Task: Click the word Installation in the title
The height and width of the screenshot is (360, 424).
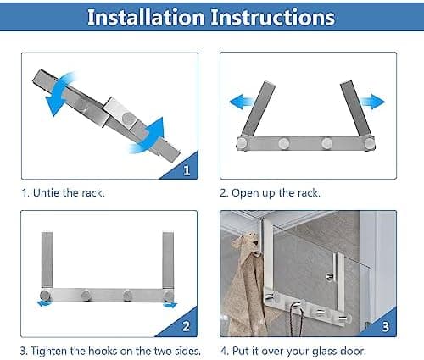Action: tap(146, 17)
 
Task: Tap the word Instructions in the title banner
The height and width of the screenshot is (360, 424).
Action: tap(273, 17)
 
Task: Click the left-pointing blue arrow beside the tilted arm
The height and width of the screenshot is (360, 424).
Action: tap(241, 102)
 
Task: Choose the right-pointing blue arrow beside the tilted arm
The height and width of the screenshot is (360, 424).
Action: tap(372, 102)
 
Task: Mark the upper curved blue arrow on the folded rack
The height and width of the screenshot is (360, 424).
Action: tap(59, 91)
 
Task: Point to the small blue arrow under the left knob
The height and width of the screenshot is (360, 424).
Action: tap(45, 303)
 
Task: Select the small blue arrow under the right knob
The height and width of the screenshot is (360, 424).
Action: tap(170, 305)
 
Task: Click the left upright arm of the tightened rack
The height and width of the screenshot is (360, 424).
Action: tap(47, 260)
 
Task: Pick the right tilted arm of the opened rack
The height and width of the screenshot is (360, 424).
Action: tap(355, 108)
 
